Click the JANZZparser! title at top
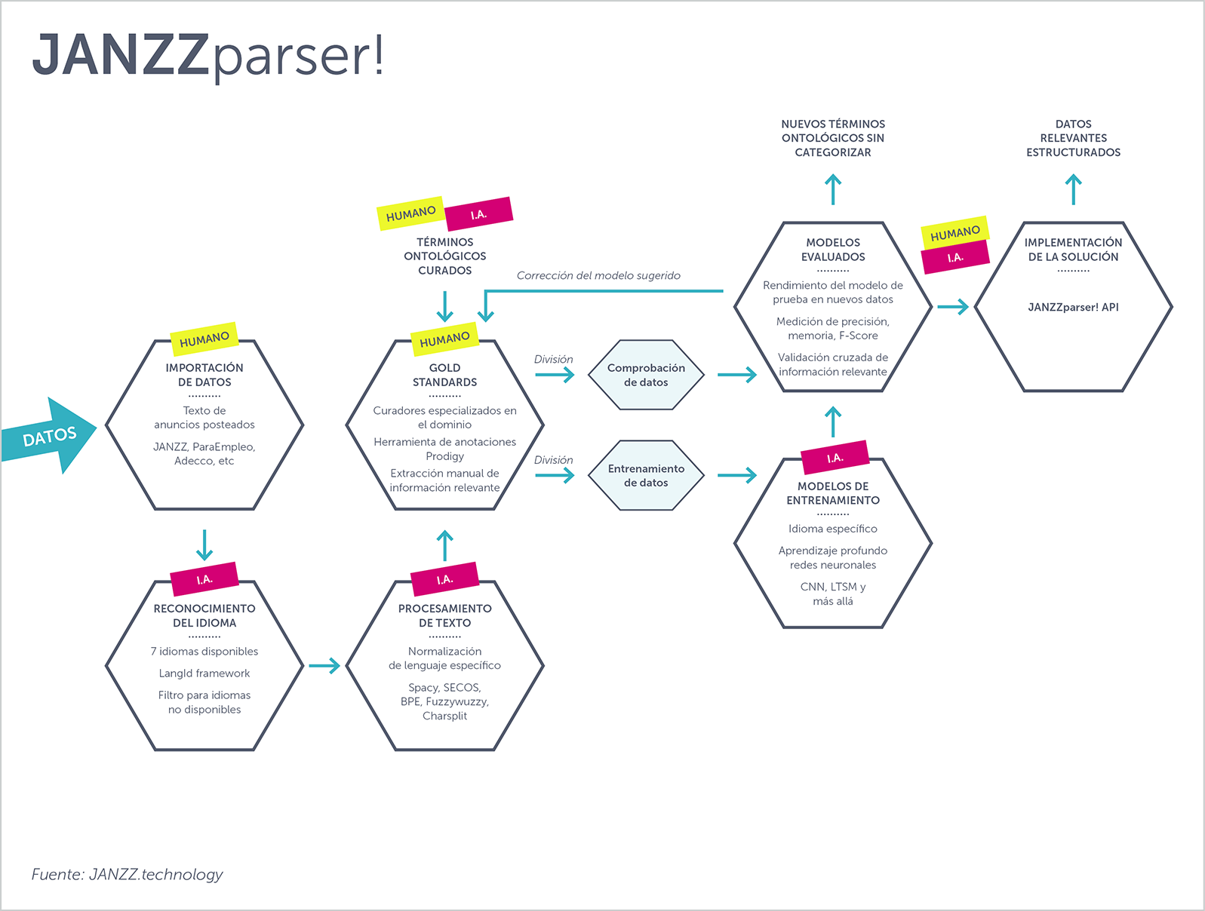point(208,55)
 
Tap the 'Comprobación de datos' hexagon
point(646,375)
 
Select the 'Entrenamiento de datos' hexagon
point(646,475)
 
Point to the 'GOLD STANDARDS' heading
point(444,375)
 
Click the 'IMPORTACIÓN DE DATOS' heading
point(204,375)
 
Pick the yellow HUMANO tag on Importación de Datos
point(204,339)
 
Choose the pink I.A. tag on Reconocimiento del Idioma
point(204,579)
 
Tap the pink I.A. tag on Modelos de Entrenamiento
point(835,458)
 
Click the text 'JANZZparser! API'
point(1073,307)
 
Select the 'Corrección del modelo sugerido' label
point(598,276)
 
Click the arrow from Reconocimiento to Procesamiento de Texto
point(324,666)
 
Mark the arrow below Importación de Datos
point(204,544)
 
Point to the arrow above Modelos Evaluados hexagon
point(833,189)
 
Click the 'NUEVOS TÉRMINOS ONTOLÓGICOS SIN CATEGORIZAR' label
point(833,138)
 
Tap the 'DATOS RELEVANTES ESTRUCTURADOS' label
point(1073,138)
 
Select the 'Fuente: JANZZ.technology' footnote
point(127,874)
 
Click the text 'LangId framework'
point(204,673)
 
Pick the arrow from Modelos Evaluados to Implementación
point(952,307)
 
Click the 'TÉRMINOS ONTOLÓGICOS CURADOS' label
point(444,256)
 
